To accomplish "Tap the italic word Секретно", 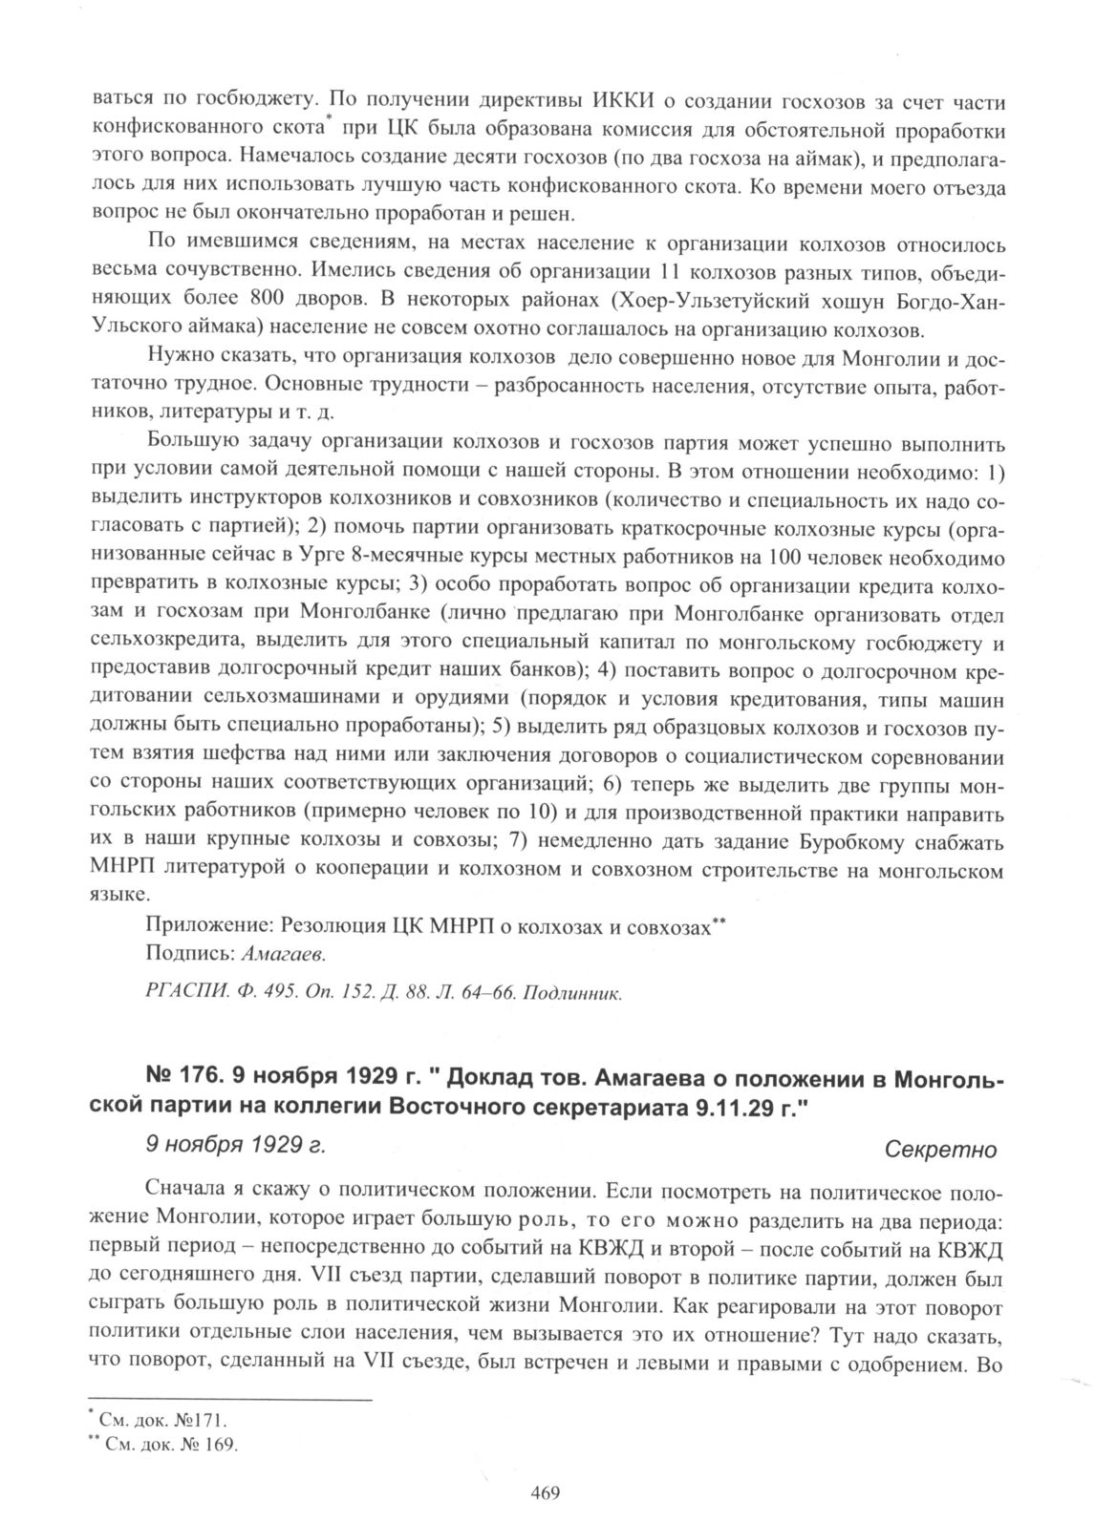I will [941, 1150].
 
